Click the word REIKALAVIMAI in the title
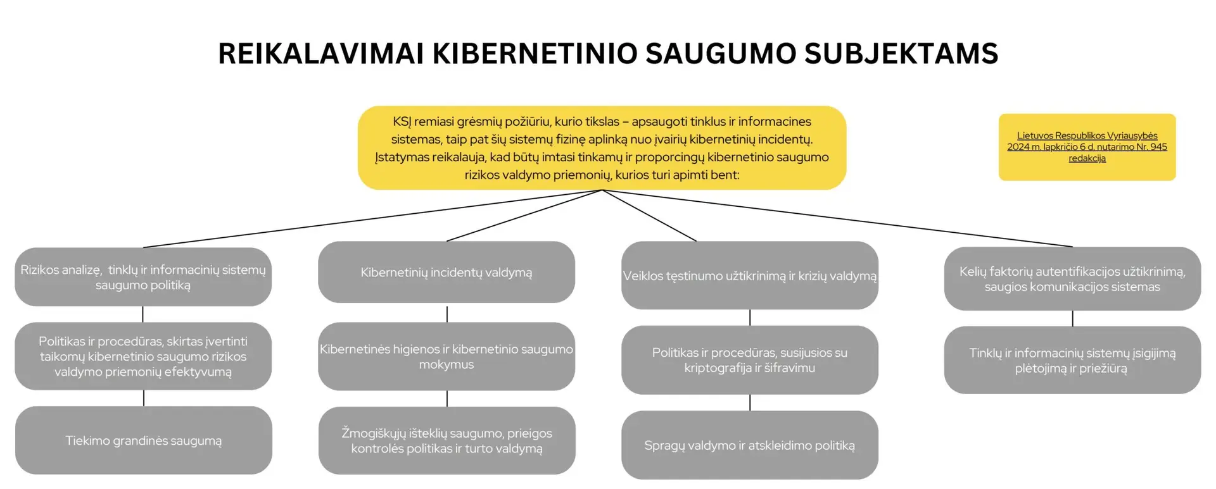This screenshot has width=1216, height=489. point(321,54)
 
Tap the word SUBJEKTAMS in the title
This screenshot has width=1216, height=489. point(901,54)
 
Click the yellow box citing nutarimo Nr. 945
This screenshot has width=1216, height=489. point(1087,147)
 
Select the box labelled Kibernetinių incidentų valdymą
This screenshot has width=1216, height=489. point(446,272)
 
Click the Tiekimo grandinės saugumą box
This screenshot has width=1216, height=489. point(144,440)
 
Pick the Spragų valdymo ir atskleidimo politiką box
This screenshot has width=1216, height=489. point(750,445)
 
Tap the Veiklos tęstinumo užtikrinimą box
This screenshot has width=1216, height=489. point(750,275)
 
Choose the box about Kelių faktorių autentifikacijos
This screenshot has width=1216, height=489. point(1072,279)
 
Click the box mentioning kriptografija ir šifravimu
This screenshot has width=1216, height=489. point(750,360)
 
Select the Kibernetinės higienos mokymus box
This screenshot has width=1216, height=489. point(446,356)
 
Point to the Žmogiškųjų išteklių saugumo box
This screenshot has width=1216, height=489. point(447,440)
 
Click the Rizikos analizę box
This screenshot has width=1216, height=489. point(143,277)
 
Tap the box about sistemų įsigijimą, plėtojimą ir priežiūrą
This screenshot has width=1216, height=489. point(1072,360)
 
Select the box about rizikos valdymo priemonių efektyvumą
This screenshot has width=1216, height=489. point(143,356)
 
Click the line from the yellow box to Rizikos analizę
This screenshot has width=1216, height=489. point(372,218)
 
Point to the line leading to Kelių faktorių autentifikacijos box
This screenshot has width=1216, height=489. point(837,218)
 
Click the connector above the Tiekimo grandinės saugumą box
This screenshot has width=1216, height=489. point(144,398)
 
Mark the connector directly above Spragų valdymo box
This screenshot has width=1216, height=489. point(750,402)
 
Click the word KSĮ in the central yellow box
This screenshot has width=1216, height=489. point(402,121)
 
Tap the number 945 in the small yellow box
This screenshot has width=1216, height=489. point(1158,147)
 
